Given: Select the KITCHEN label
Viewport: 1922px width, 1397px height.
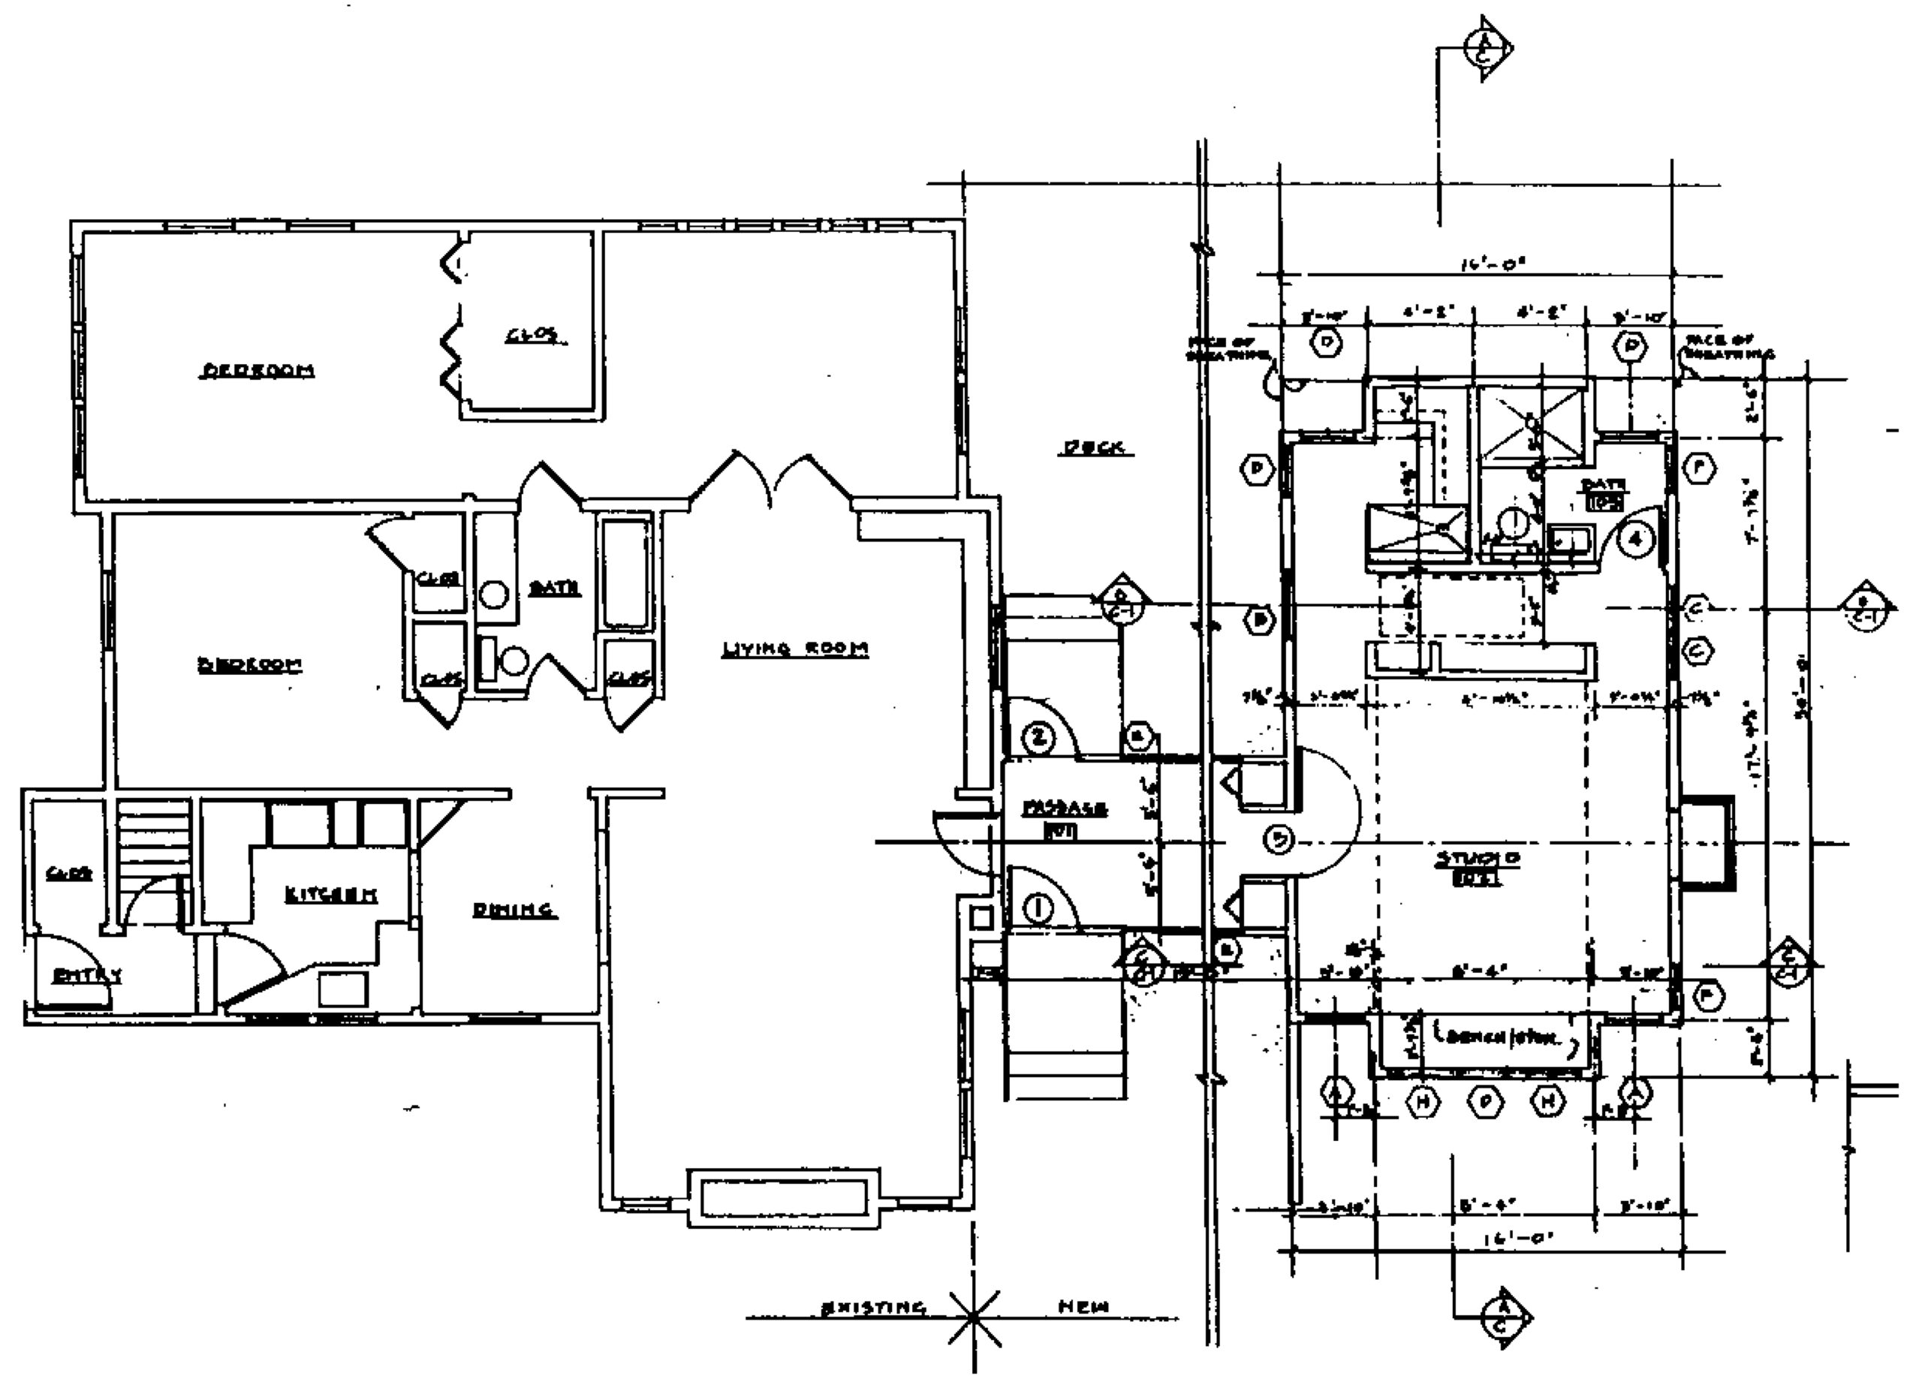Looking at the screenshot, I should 330,895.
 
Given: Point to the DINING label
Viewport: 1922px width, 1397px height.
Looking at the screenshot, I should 514,910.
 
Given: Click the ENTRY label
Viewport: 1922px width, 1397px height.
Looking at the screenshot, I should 87,975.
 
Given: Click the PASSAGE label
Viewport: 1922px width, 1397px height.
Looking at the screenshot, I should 1065,808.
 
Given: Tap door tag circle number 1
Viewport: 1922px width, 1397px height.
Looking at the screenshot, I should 1039,909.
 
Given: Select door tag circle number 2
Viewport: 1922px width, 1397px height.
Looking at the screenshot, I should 1039,739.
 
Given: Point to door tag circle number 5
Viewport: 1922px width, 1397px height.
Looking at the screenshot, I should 1279,839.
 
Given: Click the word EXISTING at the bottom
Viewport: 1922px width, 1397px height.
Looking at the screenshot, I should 873,1307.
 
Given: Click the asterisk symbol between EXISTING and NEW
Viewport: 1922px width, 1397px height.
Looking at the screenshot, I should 975,1318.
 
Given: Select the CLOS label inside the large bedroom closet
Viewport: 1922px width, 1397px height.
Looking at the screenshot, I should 536,336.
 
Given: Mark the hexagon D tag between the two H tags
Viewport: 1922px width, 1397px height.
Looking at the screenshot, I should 1485,1100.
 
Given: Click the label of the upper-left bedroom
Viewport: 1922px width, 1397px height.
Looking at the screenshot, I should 258,370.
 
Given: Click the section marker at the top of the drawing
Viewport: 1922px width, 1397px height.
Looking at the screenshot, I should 1489,49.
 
